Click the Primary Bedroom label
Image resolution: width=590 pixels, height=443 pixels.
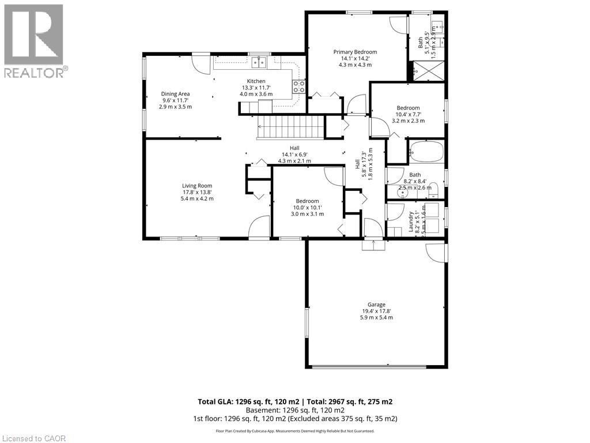coord(355,52)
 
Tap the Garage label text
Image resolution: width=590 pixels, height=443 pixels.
coord(376,305)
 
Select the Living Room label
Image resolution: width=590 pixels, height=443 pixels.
coord(197,186)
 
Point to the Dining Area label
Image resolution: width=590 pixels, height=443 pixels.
coord(175,94)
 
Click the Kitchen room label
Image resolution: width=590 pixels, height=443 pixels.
coord(256,81)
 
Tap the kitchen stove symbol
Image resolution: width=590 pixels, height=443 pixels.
coord(299,87)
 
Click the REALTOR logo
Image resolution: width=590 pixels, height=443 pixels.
coord(33,40)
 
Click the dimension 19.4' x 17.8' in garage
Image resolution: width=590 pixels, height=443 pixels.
coord(376,311)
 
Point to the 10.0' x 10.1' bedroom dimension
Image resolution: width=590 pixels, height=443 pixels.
coord(307,208)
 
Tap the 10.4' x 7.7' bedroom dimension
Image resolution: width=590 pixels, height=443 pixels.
coord(408,114)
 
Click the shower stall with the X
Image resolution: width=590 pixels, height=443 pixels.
coord(426,72)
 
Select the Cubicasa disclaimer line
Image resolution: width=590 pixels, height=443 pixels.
coord(295,431)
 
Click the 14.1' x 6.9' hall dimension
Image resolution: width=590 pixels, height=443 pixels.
coord(294,154)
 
